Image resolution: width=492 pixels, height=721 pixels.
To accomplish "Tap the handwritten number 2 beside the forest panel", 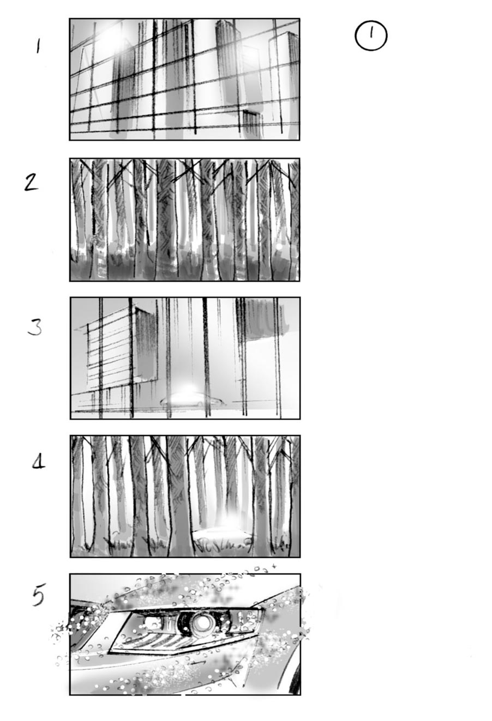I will [32, 181].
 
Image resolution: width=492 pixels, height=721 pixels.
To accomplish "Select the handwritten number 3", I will [34, 326].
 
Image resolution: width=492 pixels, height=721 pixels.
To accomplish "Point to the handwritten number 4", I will [38, 464].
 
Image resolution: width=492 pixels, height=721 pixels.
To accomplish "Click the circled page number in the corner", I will [371, 36].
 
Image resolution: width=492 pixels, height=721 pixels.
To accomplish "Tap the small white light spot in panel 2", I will [279, 247].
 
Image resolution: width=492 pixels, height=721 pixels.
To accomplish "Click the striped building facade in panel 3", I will [109, 349].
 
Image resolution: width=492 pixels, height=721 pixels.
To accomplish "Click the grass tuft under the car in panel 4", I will [224, 543].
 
